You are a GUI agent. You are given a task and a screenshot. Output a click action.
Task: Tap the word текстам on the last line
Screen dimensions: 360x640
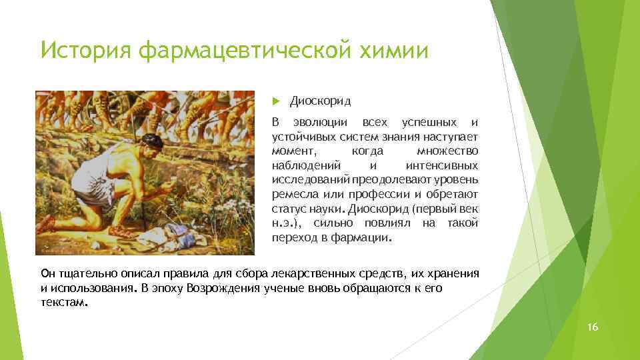[x=63, y=302]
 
